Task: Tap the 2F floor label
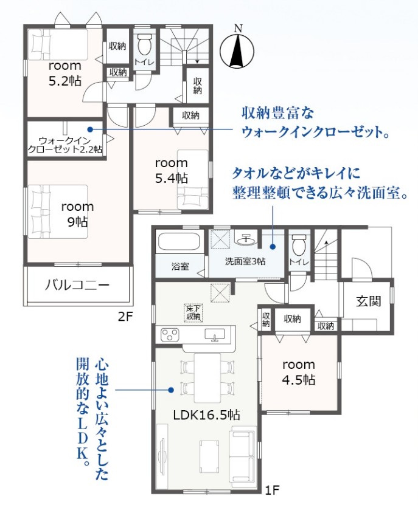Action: (x=125, y=317)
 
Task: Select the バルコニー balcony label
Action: (x=77, y=285)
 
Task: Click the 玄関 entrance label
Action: (x=369, y=301)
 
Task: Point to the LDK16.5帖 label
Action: (x=207, y=415)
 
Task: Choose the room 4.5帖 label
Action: (x=299, y=373)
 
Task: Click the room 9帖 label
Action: (x=78, y=214)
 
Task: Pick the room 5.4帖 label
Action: (x=171, y=170)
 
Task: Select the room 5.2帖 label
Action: (x=65, y=74)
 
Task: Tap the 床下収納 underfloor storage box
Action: (x=193, y=312)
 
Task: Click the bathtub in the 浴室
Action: (x=179, y=239)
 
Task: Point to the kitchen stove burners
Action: (x=170, y=334)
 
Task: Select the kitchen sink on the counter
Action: (x=215, y=334)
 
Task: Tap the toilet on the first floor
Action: (x=298, y=246)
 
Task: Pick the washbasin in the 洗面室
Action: (x=247, y=238)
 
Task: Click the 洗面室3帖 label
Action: (x=245, y=261)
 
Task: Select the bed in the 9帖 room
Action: (x=58, y=211)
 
